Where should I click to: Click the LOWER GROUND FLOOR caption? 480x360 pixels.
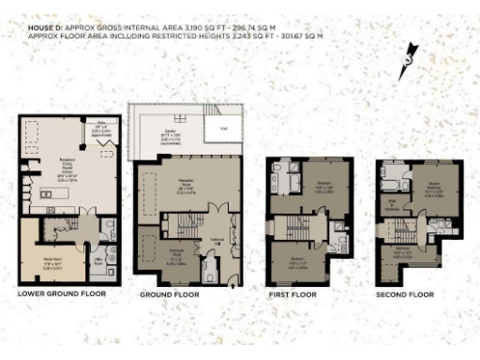62,293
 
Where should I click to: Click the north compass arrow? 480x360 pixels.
407,60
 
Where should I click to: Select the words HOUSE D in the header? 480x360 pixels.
42,28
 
